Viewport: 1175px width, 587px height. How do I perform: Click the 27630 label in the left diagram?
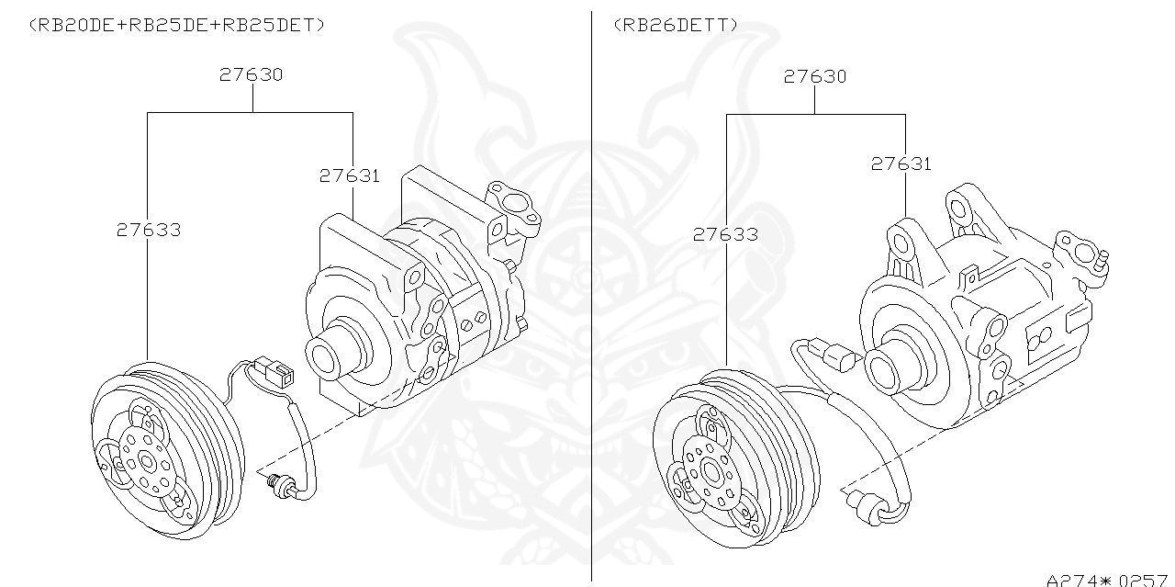[x=251, y=75]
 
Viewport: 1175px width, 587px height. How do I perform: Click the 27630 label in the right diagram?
[x=815, y=76]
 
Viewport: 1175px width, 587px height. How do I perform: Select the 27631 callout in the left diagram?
[x=349, y=175]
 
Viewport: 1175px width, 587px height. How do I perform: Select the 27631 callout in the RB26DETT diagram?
[x=901, y=164]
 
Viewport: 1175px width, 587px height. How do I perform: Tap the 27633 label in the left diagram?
[x=148, y=231]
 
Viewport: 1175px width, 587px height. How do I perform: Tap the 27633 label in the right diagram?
[x=725, y=235]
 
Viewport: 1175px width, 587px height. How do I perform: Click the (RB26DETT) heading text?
[x=675, y=25]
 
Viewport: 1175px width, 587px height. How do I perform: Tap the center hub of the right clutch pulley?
[x=711, y=472]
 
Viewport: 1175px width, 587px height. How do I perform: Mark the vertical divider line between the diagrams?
[x=592, y=294]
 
